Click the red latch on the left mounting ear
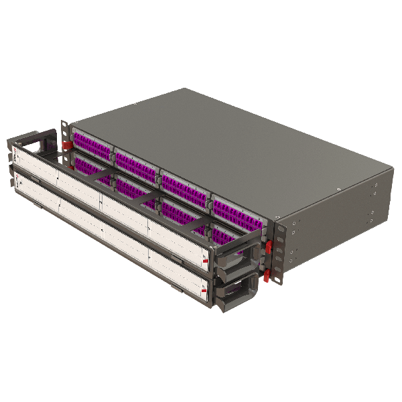(67, 145)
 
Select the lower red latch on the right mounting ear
(267, 275)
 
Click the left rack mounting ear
(65, 134)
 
